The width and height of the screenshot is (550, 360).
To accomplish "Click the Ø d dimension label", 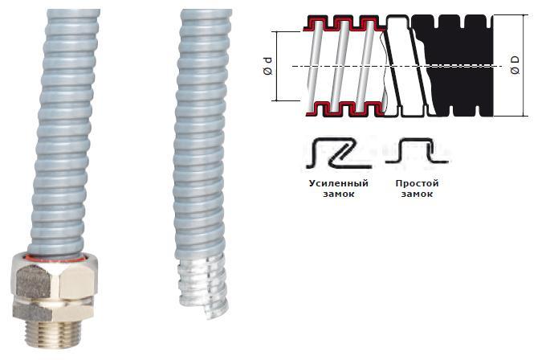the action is pos(267,66).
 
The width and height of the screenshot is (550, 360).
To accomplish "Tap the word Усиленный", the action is pos(339,183).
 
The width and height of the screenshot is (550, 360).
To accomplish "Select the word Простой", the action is pos(417,183).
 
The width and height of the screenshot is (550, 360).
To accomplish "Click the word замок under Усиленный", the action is pos(339,194).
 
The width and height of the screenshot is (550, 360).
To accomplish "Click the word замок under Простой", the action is pos(417,194).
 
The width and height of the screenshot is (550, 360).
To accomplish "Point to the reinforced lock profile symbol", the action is pos(338,153).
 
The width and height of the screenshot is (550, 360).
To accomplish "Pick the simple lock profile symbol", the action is pos(417,151).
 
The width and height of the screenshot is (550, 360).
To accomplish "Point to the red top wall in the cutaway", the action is pos(344,23).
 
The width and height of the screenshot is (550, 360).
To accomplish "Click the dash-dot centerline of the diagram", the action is pos(397,66).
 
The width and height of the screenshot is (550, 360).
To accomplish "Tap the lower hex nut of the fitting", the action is pos(53,309).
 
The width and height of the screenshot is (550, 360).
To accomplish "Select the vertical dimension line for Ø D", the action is pos(525,65).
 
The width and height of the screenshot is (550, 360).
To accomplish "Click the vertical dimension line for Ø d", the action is pos(277,66).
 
